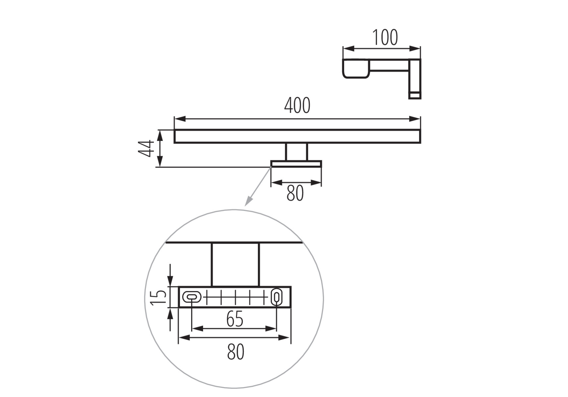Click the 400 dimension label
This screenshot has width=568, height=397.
click(297, 106)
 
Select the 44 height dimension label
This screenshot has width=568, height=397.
click(146, 148)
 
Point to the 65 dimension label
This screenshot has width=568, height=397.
click(235, 319)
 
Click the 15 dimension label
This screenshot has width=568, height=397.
click(158, 297)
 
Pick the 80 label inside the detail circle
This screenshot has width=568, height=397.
click(235, 352)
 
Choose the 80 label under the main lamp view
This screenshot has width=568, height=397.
click(295, 193)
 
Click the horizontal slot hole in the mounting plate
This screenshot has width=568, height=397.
click(192, 297)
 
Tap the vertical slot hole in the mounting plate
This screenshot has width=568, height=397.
click(277, 297)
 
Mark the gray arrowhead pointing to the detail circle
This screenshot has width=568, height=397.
click(248, 201)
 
